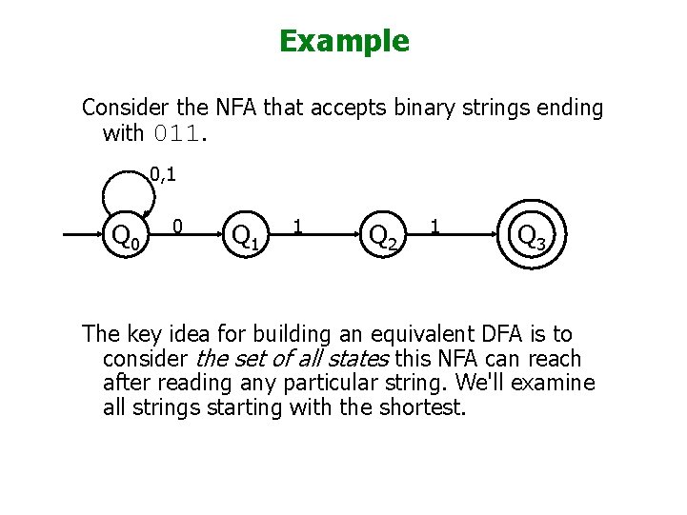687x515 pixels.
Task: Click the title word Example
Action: click(x=344, y=41)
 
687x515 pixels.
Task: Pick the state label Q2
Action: click(x=383, y=235)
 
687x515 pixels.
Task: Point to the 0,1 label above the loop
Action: click(x=163, y=175)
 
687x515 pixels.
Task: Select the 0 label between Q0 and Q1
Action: click(x=178, y=228)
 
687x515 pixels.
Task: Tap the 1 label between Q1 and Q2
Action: click(x=299, y=228)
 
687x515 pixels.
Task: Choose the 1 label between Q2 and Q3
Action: click(x=435, y=228)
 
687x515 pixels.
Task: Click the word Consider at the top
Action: click(x=121, y=109)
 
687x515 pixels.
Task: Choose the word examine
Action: click(x=555, y=384)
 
